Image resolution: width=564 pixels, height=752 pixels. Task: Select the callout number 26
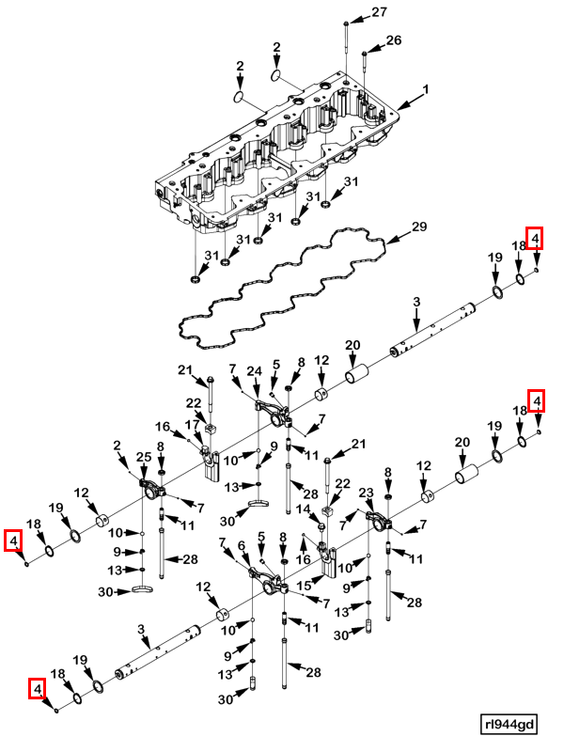tap(394, 40)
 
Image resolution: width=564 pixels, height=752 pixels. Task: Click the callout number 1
tap(425, 89)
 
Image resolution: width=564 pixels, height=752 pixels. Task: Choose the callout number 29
tap(419, 227)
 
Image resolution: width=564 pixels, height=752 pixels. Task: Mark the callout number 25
tap(144, 458)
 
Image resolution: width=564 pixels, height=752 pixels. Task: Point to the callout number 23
tap(367, 493)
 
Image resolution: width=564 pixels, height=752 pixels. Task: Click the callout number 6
tap(243, 546)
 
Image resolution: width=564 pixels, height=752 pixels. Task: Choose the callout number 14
tap(303, 509)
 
